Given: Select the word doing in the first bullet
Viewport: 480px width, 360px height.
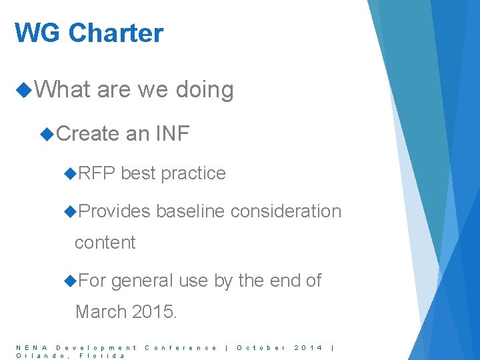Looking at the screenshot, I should tap(205, 90).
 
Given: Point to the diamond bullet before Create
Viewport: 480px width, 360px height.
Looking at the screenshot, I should tap(47, 134).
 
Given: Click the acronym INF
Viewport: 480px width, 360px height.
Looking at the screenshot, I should tap(173, 134).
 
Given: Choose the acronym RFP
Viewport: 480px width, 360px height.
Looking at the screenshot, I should tap(97, 173).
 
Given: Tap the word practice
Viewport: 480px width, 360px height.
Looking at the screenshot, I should tap(193, 173).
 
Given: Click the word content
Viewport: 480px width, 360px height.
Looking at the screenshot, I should tap(105, 243).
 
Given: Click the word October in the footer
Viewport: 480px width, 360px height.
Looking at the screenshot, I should tap(262, 347).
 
